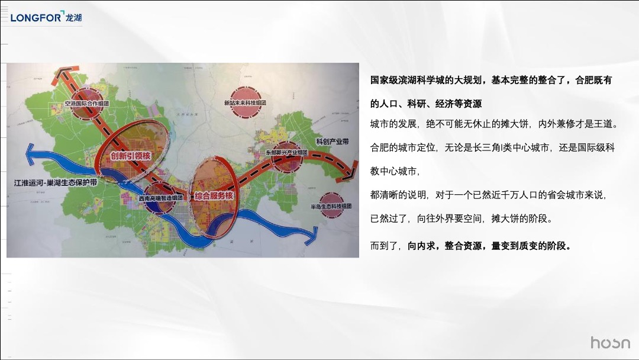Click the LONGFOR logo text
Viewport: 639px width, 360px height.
point(36,18)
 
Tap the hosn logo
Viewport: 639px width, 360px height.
point(610,343)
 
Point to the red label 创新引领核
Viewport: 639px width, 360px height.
point(130,156)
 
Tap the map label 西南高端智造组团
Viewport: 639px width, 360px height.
point(160,198)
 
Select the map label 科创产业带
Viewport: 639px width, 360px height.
point(333,142)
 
